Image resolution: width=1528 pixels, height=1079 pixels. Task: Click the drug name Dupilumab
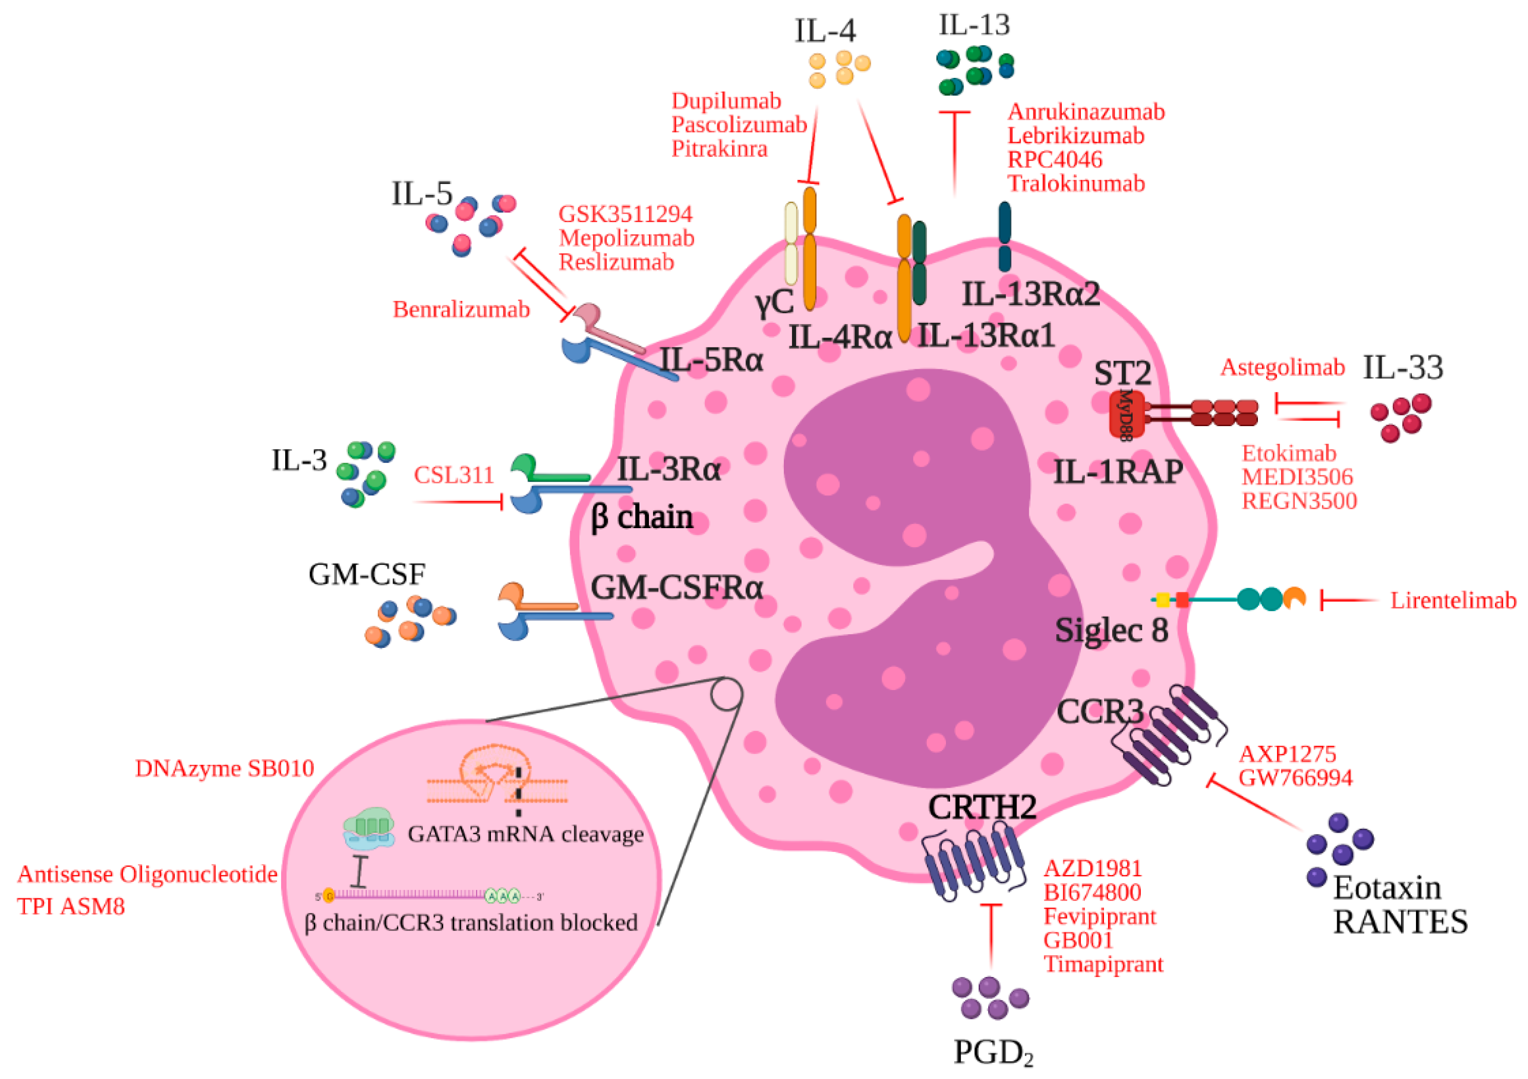[726, 101]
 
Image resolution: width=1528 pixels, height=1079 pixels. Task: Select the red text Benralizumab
[461, 309]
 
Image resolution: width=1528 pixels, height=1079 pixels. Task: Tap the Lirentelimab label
[1453, 601]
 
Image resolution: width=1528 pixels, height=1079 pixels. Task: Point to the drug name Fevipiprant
[1100, 916]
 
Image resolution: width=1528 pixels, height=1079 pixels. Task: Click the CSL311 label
[454, 475]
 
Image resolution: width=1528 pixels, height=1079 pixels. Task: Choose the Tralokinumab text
[1076, 183]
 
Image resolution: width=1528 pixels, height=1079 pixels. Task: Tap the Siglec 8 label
[1111, 630]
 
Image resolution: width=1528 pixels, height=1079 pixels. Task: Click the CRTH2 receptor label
[982, 808]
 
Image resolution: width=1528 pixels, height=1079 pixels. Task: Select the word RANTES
[1400, 922]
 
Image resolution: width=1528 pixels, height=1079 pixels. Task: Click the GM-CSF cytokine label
[367, 574]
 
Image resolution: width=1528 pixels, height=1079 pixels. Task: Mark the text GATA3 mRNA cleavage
[526, 834]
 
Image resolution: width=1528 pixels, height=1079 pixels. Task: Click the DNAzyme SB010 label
[224, 769]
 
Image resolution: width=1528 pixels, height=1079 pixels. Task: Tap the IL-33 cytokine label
[1403, 367]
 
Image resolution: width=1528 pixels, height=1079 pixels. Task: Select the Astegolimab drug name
[1283, 367]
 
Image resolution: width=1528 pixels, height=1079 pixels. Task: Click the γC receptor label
[774, 303]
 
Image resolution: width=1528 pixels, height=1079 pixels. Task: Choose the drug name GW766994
[1295, 778]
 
